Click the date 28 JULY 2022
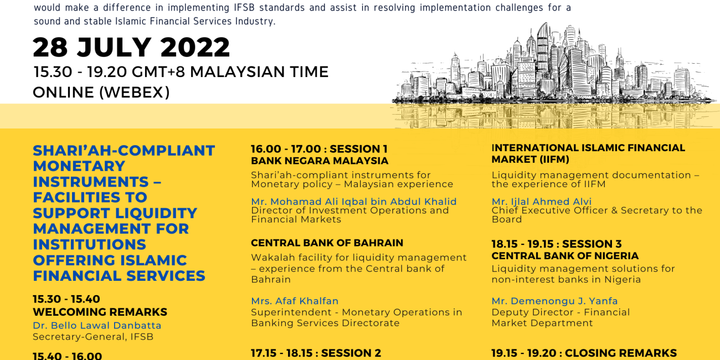[131, 47]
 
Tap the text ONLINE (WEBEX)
[101, 92]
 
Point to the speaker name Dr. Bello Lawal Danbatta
[97, 325]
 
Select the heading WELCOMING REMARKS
[100, 312]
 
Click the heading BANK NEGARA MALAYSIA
[320, 161]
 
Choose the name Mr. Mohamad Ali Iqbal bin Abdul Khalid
[354, 202]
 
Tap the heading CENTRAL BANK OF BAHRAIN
[327, 243]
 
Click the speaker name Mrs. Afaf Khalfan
[295, 301]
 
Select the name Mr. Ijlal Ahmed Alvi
[542, 202]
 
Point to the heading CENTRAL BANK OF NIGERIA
[565, 256]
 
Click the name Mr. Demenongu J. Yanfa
[555, 301]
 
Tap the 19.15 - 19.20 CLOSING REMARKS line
[584, 353]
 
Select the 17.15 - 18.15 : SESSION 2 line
[316, 353]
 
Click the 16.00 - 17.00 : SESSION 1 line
[319, 149]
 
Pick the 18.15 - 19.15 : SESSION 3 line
[557, 244]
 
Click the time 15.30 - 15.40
[66, 299]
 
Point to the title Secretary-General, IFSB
[93, 337]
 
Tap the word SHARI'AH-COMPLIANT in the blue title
[124, 151]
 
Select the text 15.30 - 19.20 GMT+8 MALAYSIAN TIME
[181, 71]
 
